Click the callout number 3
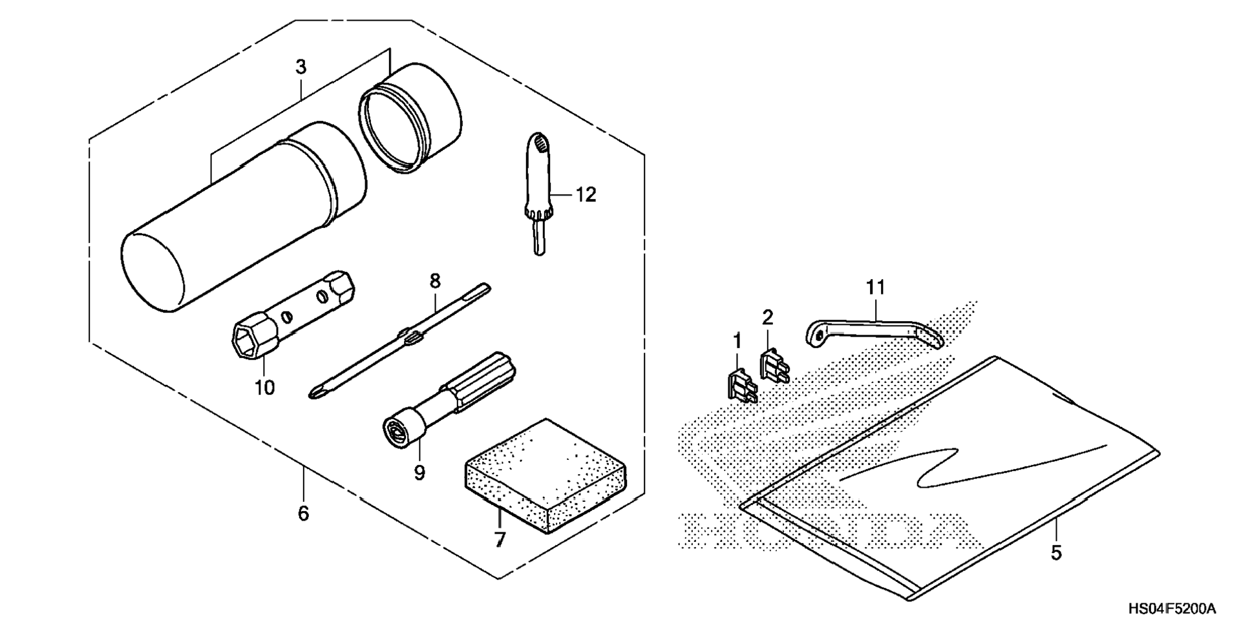301,67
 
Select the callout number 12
586,194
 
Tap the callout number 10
264,388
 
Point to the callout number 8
435,281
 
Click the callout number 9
419,473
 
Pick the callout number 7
500,539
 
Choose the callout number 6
303,514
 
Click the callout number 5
1055,553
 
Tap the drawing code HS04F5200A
1172,609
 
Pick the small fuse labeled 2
773,366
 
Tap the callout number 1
737,340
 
